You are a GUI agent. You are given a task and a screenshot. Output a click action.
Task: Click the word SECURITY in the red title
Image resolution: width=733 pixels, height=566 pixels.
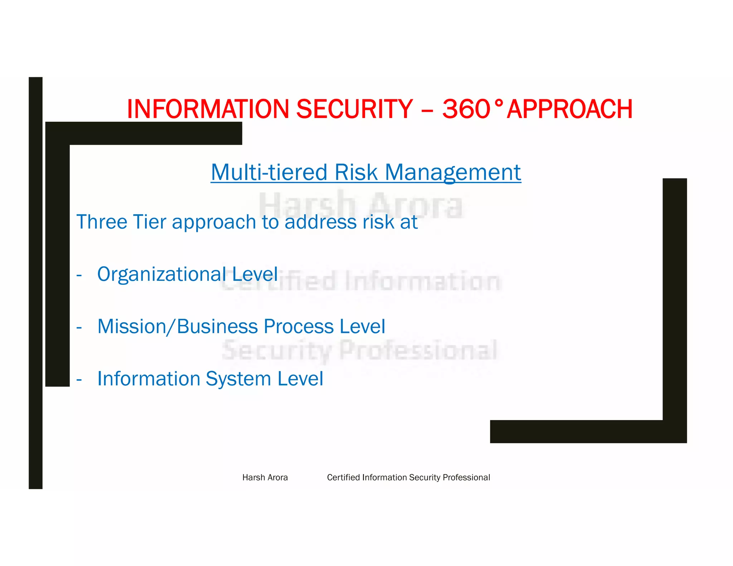click(354, 109)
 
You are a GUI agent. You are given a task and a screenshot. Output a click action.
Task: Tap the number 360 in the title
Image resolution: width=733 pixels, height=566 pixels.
click(466, 109)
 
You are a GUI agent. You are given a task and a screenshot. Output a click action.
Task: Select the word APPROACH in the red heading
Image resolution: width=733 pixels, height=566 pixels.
click(570, 109)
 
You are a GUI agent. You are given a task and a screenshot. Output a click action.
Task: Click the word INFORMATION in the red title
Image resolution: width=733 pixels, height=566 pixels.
click(208, 109)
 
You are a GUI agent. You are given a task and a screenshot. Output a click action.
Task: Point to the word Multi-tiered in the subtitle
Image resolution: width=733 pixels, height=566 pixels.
click(269, 172)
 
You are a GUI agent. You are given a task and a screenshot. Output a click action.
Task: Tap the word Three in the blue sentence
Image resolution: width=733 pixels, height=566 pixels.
click(102, 222)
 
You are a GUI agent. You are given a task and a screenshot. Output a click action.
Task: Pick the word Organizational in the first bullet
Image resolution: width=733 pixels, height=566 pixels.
click(162, 274)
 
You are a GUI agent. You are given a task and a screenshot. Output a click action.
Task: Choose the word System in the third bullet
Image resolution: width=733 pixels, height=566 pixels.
click(238, 379)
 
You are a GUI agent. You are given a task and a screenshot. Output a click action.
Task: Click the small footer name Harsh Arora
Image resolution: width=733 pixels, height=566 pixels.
click(265, 477)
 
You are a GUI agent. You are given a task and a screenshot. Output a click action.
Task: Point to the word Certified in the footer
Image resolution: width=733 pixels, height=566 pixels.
click(343, 477)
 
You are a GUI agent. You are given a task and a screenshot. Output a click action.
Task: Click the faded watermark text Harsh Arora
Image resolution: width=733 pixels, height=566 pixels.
click(360, 205)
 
